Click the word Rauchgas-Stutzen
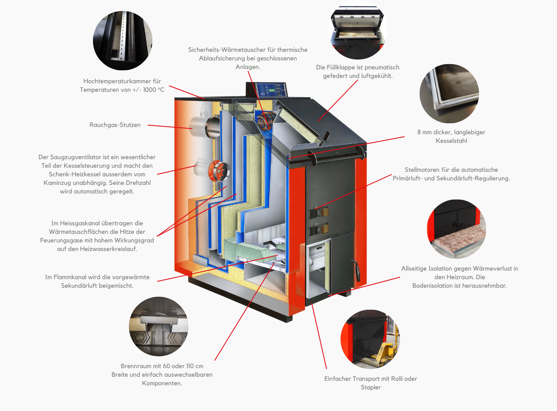coord(115,125)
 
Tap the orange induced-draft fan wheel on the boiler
coord(219,171)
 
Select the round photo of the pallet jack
coord(370,339)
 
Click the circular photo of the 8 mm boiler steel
coord(449,93)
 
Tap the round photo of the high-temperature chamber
coord(122,40)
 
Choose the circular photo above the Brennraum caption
coord(159,326)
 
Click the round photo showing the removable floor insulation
coord(457,229)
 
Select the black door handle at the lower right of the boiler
coord(356,270)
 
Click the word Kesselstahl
coord(451,141)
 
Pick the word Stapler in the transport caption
coord(371,387)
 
